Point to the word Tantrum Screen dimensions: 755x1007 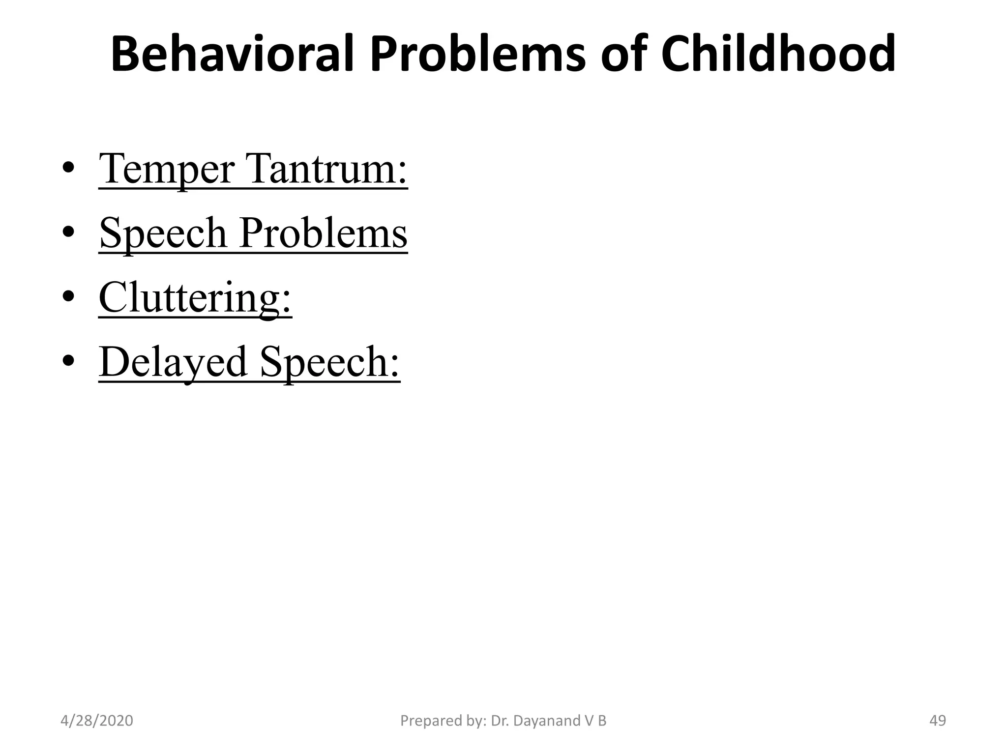coord(329,169)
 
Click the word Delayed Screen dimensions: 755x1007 coord(173,362)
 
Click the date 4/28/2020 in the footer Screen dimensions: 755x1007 coord(97,721)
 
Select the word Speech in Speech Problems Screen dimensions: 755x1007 coord(163,233)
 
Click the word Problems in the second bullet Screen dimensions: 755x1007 coord(324,233)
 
